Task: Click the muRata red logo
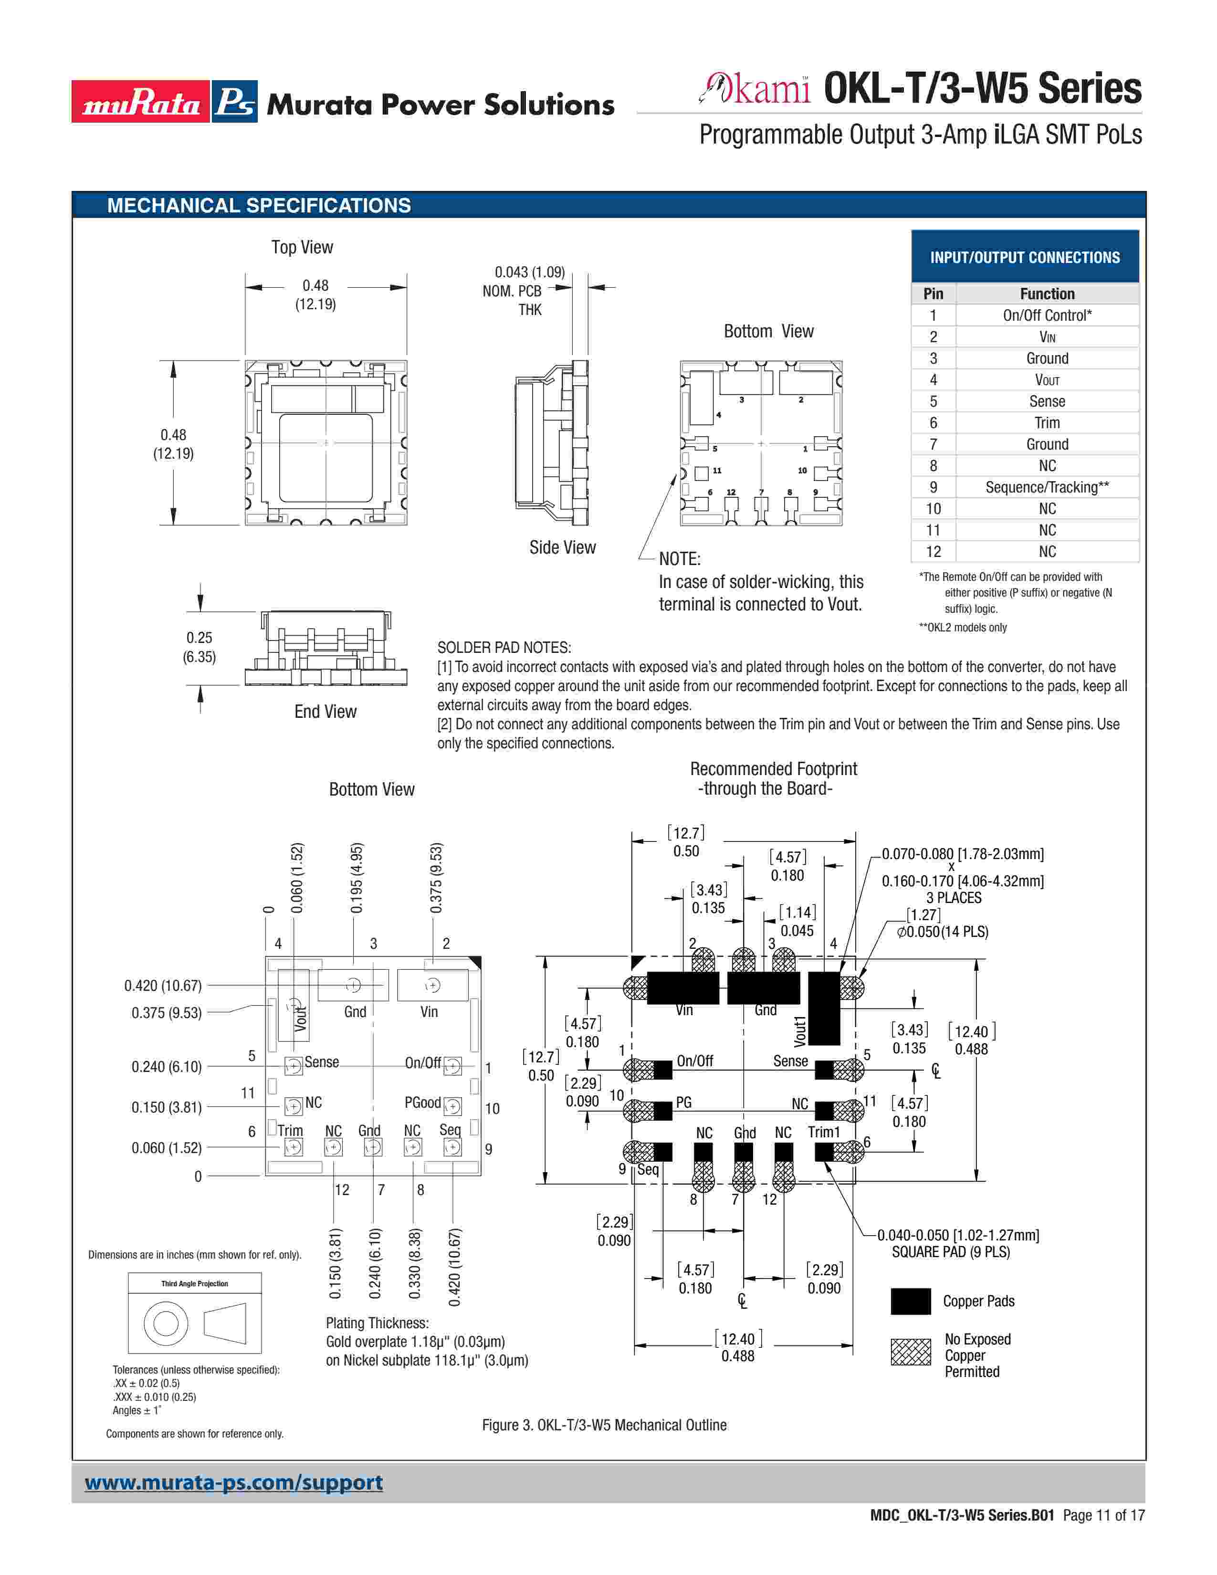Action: point(141,102)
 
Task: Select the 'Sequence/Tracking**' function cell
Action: point(1046,487)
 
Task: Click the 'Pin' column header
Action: point(933,294)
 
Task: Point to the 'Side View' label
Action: point(562,547)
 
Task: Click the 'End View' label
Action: point(325,712)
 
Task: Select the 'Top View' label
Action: point(302,247)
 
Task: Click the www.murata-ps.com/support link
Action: point(233,1482)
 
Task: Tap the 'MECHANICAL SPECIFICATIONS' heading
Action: point(259,206)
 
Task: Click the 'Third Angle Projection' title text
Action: point(195,1284)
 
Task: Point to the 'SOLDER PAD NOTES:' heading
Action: point(504,648)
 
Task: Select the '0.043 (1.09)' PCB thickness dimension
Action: point(529,273)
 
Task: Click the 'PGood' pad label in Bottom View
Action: point(422,1102)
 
